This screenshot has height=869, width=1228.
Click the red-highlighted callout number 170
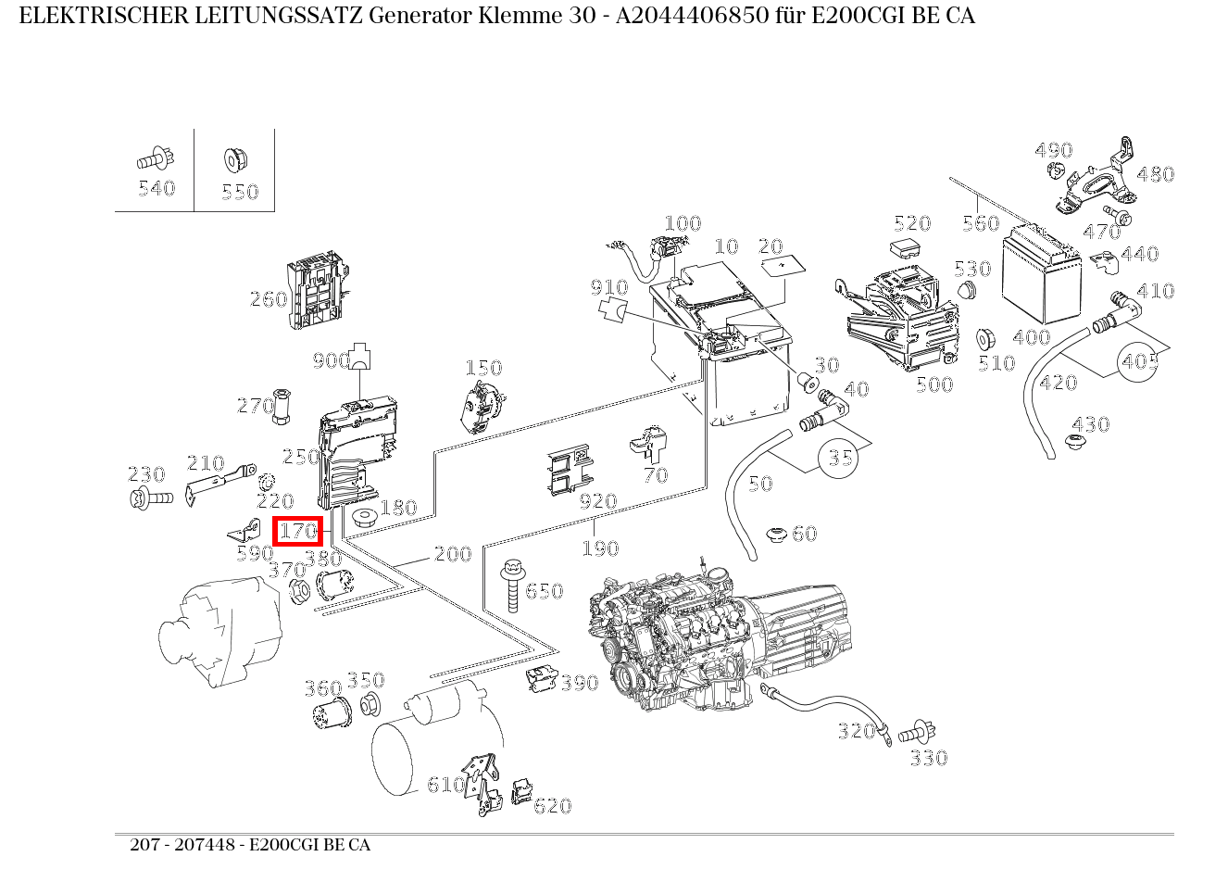297,532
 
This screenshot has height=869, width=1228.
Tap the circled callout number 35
840,457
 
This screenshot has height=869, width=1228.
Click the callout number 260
268,299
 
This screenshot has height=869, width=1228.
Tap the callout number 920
597,501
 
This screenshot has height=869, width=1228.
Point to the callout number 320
856,731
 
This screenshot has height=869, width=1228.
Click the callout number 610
445,785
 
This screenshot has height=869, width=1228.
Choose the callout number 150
482,369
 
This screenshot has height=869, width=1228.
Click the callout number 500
934,384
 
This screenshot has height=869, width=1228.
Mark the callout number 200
453,554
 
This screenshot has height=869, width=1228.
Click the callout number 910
609,288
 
